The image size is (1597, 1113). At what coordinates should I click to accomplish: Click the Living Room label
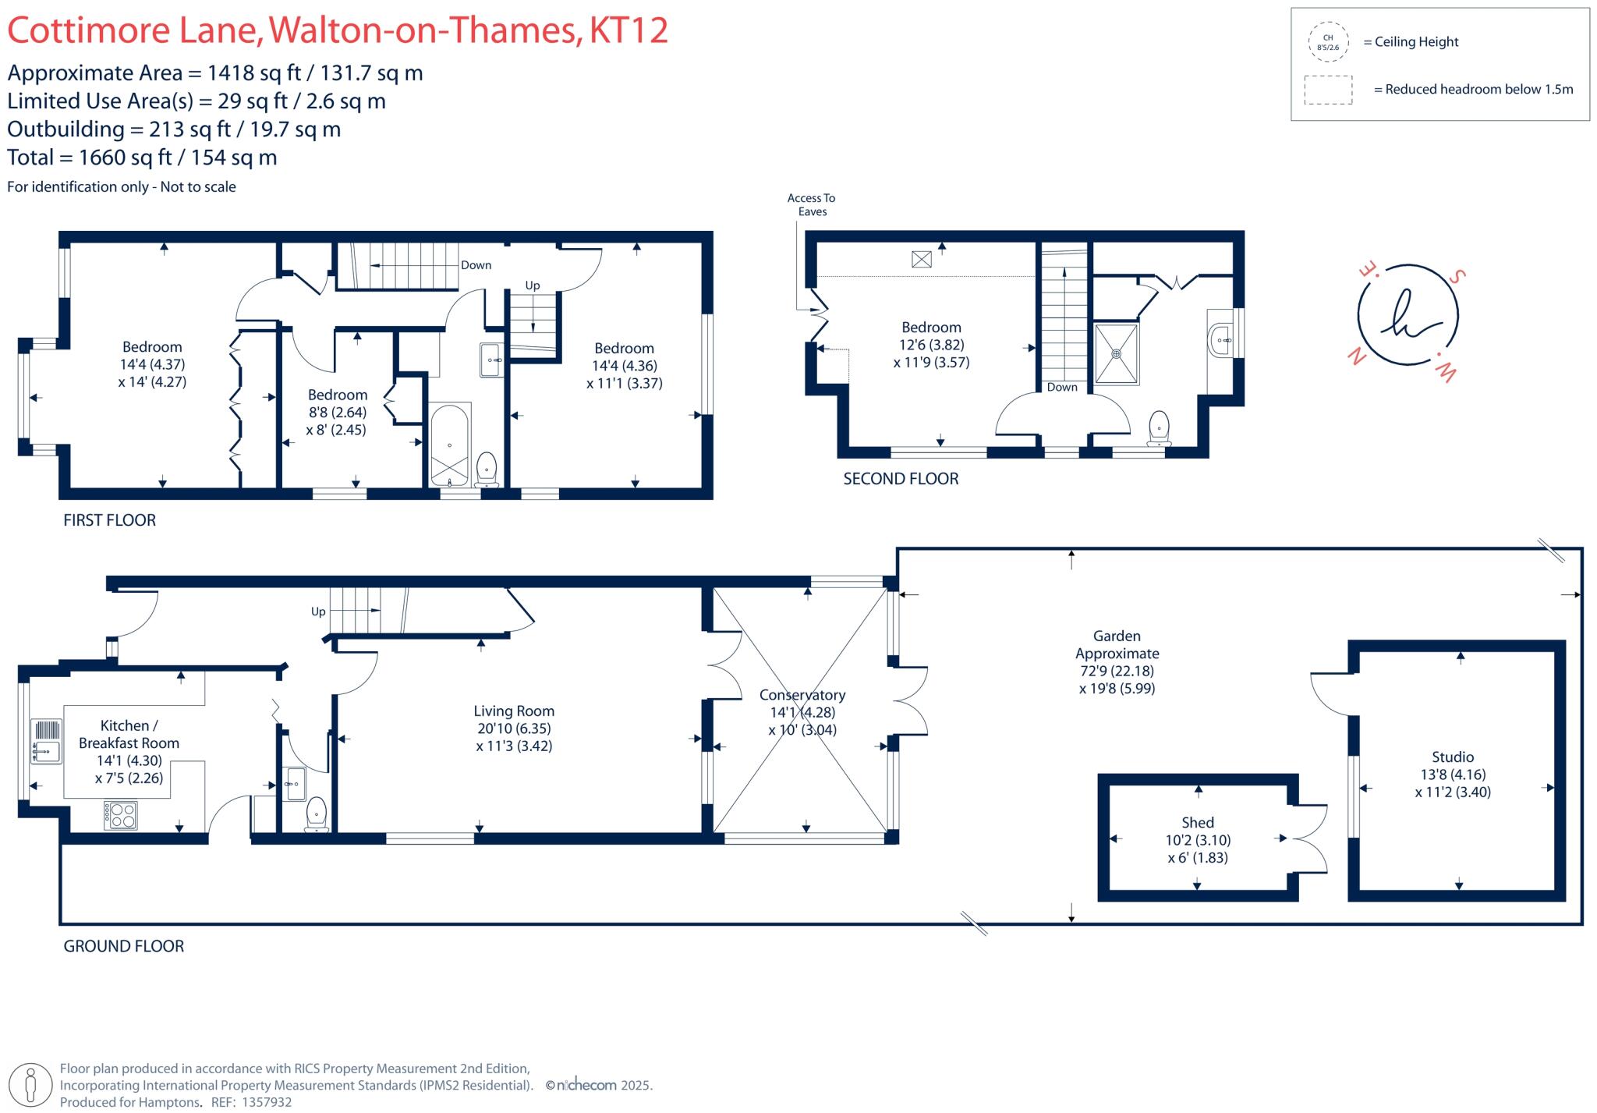(514, 711)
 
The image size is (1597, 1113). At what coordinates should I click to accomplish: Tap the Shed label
(1197, 822)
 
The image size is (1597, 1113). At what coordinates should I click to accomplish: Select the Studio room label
(1452, 757)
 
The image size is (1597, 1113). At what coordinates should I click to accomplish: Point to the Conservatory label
(802, 694)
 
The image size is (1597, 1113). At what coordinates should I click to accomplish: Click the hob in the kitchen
(121, 815)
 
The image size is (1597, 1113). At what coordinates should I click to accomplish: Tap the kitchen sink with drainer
(46, 741)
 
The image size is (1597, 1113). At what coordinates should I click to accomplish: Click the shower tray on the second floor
(1116, 353)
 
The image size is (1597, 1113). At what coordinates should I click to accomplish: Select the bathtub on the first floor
(449, 444)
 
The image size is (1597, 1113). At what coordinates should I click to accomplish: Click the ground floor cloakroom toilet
(317, 813)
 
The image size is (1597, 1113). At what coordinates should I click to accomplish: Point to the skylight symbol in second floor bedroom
(921, 259)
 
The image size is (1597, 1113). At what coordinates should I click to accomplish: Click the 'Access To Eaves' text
(811, 204)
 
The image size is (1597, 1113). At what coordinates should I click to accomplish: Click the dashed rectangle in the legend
(1328, 90)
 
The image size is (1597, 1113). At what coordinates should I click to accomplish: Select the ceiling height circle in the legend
(1328, 42)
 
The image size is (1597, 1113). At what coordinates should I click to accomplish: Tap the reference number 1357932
(267, 1102)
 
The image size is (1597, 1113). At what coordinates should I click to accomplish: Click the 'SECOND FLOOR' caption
(901, 479)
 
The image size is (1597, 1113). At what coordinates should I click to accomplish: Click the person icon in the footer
(31, 1085)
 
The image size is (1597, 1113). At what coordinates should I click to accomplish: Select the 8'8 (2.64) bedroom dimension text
(337, 412)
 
